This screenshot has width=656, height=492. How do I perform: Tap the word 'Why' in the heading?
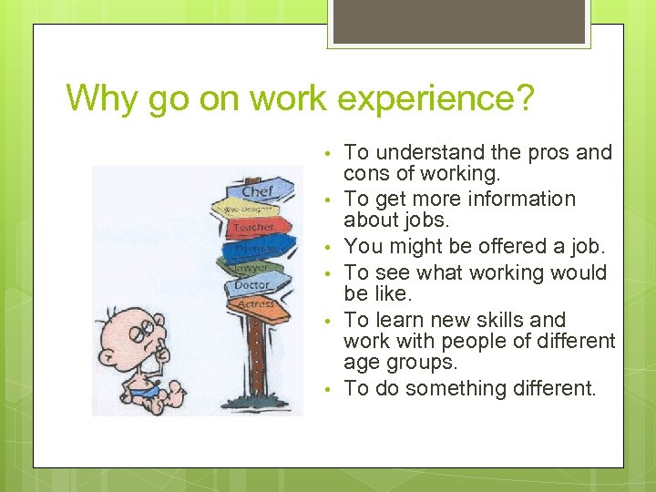coord(97,97)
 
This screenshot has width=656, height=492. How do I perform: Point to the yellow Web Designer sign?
coord(242,209)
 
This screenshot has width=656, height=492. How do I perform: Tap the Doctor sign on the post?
coord(254,285)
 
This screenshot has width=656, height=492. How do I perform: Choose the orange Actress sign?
coord(258,304)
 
